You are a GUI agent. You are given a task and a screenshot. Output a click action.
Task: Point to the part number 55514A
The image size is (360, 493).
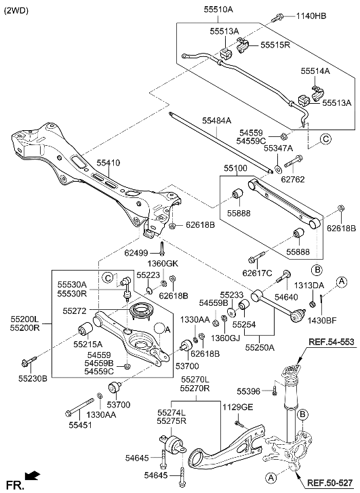(316, 71)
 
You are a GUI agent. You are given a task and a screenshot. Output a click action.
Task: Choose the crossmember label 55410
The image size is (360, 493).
(108, 163)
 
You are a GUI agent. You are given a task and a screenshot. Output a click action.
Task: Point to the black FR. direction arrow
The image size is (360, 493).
(31, 476)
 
